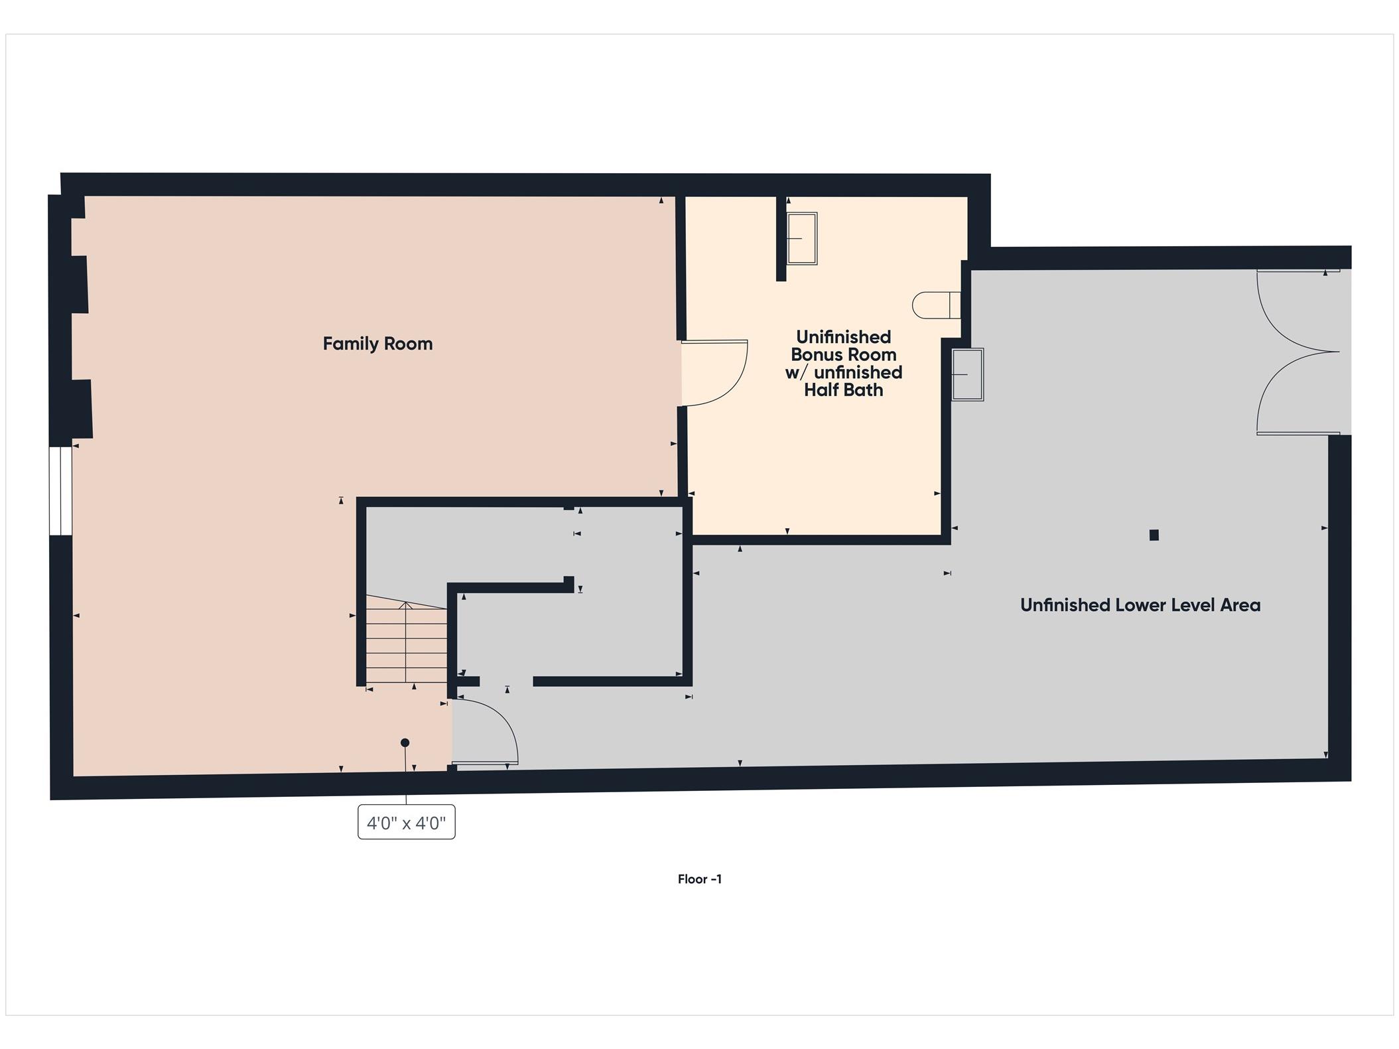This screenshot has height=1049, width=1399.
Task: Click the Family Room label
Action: (x=377, y=344)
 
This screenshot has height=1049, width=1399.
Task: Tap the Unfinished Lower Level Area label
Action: (x=1140, y=605)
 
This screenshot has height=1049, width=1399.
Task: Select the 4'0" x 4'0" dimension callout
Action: (x=406, y=823)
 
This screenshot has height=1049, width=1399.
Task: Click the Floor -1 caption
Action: (x=699, y=879)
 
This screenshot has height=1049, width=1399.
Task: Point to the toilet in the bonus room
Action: (x=935, y=306)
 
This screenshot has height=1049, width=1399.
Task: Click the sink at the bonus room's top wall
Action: (x=801, y=238)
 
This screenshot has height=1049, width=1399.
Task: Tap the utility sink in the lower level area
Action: (x=967, y=375)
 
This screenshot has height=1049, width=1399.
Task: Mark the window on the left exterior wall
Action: (x=60, y=490)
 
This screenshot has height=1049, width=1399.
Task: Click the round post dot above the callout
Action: (x=405, y=742)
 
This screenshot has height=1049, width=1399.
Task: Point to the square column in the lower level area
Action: (x=1154, y=535)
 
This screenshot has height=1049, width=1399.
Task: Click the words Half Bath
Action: (x=843, y=390)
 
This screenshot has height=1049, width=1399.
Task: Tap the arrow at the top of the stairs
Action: (x=405, y=605)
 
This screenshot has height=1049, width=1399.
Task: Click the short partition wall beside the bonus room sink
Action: (x=781, y=238)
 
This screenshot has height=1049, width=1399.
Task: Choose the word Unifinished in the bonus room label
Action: (x=843, y=337)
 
